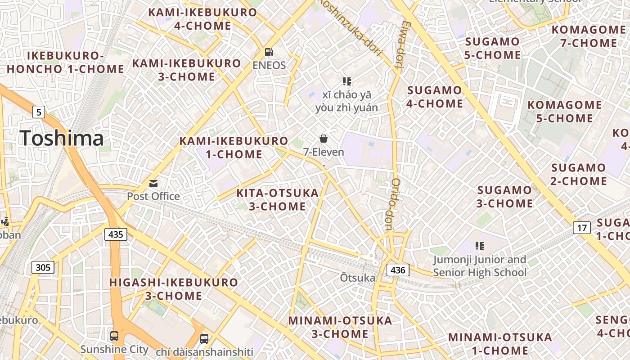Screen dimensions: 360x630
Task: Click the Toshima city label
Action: click(x=62, y=138)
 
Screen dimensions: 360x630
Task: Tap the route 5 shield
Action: click(x=39, y=112)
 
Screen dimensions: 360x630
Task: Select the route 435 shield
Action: click(x=116, y=234)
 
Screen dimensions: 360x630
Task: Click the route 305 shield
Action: click(x=43, y=268)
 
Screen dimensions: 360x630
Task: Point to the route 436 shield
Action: click(x=398, y=270)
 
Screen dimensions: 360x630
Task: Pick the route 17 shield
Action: click(x=582, y=228)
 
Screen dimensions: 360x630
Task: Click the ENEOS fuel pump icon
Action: click(x=269, y=52)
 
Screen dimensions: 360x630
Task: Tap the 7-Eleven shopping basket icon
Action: click(x=323, y=139)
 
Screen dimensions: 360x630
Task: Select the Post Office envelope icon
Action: click(x=153, y=184)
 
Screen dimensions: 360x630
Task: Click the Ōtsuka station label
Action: click(x=357, y=278)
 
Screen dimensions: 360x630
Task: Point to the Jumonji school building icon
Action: click(x=479, y=246)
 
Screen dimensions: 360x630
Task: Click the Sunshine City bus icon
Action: click(x=114, y=336)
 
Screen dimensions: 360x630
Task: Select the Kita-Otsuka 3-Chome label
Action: click(x=278, y=200)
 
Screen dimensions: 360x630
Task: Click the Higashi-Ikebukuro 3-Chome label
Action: click(x=174, y=289)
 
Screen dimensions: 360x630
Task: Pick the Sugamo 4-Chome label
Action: click(x=435, y=97)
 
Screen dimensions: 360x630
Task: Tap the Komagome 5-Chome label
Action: click(x=564, y=112)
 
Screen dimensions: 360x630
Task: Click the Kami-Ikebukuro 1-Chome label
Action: click(x=234, y=148)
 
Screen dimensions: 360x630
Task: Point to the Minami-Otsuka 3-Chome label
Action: click(x=340, y=327)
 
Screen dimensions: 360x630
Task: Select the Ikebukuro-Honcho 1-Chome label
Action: click(x=65, y=63)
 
